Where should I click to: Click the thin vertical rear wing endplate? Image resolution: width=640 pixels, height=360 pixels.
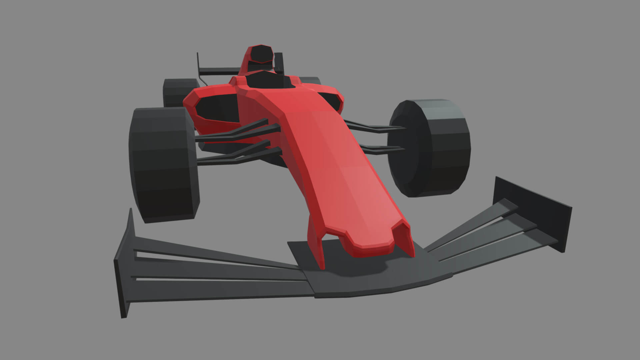coord(198,63)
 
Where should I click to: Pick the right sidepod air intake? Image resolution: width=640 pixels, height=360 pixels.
coord(332,99)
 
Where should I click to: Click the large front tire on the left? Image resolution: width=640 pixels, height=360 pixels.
coord(163,165)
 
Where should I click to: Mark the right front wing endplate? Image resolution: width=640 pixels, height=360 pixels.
coord(533,213)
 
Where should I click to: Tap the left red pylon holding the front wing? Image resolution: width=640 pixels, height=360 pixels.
coord(317,240)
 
